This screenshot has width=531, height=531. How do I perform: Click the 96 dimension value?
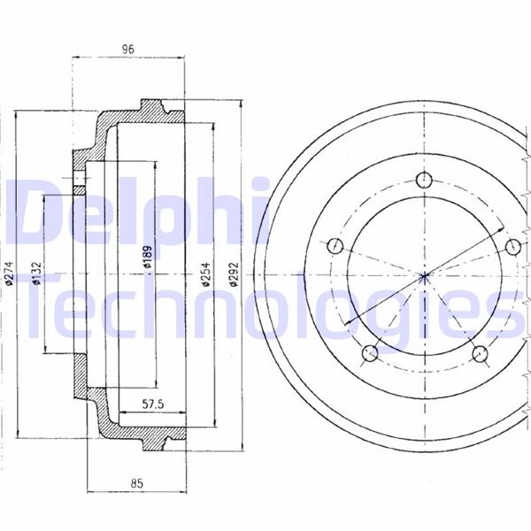coord(128,50)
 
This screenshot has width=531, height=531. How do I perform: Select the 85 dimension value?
coord(137,483)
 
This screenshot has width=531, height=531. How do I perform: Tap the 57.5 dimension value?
coord(153,404)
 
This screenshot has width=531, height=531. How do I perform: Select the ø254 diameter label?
coord(205,274)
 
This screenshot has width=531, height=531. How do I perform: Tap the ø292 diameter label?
coord(234,274)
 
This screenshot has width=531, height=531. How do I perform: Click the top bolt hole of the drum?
coord(424,180)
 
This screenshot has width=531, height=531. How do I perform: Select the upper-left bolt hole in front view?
coord(335,245)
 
